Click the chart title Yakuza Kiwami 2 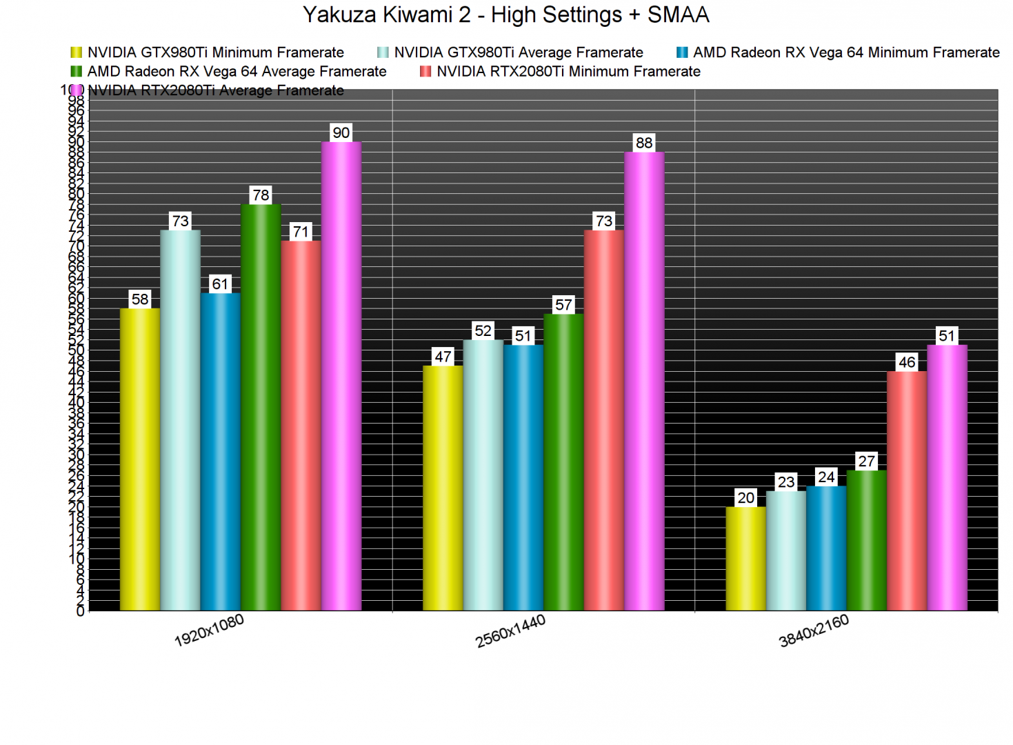tap(505, 14)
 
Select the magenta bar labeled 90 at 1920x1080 tap(341, 376)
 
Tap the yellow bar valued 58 tap(140, 459)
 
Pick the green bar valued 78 tap(261, 407)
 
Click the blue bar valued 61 tap(221, 452)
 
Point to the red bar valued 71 tap(301, 426)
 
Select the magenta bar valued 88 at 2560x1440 tap(644, 381)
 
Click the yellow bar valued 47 tap(443, 488)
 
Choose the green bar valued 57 tap(563, 462)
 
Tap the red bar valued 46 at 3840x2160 tap(907, 491)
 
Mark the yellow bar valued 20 tap(745, 559)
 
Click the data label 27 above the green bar tap(866, 461)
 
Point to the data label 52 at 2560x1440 tap(483, 331)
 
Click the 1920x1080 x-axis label tap(209, 630)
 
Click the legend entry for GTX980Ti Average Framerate tap(518, 52)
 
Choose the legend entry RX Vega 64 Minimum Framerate tap(845, 52)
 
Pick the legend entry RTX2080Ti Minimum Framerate tap(568, 71)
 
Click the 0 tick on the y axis tap(80, 611)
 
